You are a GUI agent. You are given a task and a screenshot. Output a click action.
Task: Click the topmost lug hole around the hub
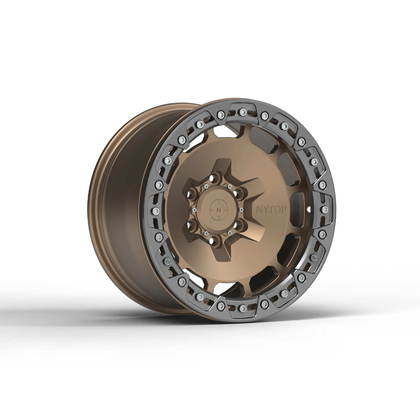click(215, 177)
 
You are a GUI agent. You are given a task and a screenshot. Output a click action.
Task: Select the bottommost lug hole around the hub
click(215, 240)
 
